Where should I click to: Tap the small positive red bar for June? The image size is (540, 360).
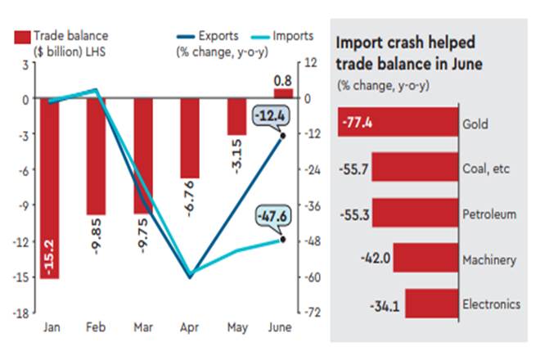(x=281, y=94)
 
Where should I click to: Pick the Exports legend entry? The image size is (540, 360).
(x=208, y=36)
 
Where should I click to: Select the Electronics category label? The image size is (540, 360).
(x=491, y=304)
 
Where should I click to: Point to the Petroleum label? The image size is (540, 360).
(x=489, y=214)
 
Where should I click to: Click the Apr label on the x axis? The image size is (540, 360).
(x=190, y=327)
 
